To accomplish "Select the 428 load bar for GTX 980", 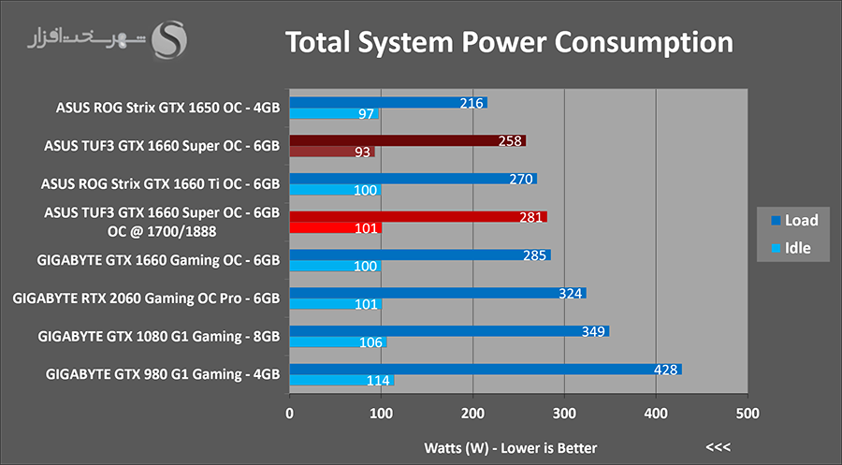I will (x=486, y=369).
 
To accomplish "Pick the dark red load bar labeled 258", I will (x=407, y=140).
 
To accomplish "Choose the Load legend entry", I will (x=793, y=221).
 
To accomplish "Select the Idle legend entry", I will (x=793, y=248).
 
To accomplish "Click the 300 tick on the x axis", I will (x=564, y=413).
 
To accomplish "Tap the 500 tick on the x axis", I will (x=747, y=413).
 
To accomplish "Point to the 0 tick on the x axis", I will (x=290, y=413).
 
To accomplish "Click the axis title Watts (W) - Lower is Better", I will (x=510, y=447).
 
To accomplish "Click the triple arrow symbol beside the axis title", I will (x=719, y=446).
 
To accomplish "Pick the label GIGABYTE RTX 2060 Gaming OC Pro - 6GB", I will (x=147, y=298).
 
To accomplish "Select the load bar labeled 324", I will (x=437, y=293).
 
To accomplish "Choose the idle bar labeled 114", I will (x=342, y=380).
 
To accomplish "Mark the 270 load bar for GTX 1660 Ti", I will (x=413, y=179).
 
